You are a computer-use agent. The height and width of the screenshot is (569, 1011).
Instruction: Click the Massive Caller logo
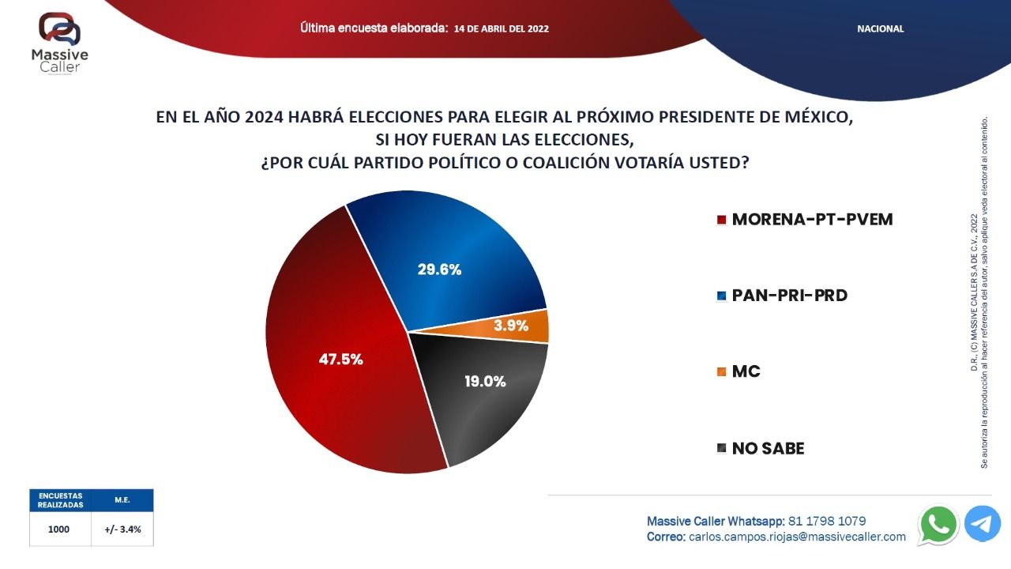coord(59,43)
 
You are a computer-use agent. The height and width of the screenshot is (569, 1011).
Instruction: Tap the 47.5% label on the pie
coord(340,360)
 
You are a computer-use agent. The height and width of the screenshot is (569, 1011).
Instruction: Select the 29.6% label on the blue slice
coord(439,269)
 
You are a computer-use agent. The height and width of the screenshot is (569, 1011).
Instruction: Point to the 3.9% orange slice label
coord(511,325)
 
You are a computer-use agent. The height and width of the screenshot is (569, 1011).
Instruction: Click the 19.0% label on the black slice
coord(485,382)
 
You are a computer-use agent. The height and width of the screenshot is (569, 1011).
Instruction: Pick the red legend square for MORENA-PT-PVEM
coord(722,220)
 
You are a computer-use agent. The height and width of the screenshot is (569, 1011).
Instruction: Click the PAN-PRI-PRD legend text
coord(789,296)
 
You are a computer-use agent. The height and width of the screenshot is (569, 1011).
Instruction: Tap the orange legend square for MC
coord(722,371)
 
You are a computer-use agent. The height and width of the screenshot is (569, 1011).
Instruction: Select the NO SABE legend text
coord(768,448)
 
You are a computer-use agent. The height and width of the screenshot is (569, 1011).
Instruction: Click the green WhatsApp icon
coord(938,525)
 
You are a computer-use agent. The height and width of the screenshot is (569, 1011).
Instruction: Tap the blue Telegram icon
coord(983,524)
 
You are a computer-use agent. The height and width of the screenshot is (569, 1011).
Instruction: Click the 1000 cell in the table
coord(58,529)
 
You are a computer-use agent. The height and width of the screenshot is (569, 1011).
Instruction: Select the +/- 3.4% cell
coord(122,529)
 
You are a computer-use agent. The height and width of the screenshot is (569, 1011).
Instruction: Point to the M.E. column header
coord(122,500)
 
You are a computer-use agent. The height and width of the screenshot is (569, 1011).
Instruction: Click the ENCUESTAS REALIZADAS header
coord(61,500)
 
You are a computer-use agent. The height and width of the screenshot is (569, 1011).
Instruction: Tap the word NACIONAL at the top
coord(880,29)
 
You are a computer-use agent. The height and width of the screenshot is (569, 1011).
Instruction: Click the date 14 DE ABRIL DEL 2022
coord(502,29)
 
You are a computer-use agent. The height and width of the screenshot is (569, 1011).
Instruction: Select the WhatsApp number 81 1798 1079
coord(827,521)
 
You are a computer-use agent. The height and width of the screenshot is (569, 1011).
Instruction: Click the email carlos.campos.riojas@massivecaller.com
coord(797,537)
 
